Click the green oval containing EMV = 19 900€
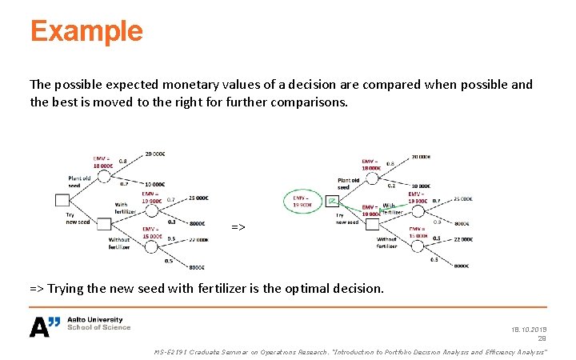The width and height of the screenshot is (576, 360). coord(303,200)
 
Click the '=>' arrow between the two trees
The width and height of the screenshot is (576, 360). coord(238,227)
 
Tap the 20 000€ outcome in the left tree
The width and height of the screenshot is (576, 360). coord(155,154)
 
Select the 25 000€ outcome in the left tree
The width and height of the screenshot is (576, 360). coord(198,198)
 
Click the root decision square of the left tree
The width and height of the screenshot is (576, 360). coord(62,200)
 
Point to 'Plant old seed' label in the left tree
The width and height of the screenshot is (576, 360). coord(79,182)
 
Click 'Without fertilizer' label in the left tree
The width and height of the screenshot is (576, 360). coord(119,243)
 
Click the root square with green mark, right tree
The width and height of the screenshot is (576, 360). coord(333,201)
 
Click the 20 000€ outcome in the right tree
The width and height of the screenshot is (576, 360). coord(421,158)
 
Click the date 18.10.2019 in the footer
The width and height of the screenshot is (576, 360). coord(526,329)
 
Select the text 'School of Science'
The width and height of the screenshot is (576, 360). coord(98,327)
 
